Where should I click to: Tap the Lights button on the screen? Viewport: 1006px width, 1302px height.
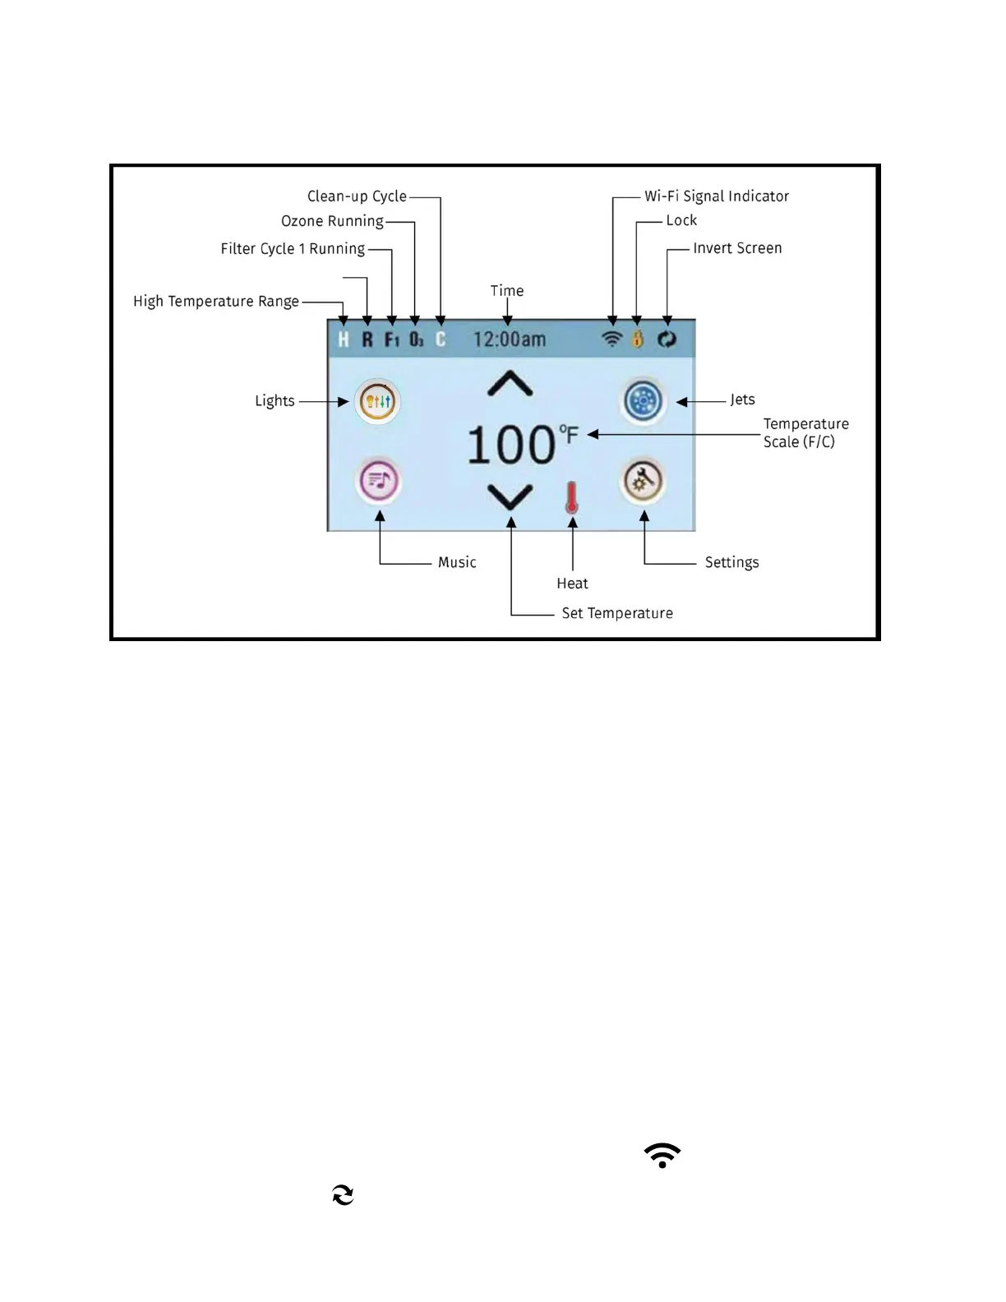click(x=377, y=401)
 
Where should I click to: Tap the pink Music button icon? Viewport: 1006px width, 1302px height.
click(x=377, y=481)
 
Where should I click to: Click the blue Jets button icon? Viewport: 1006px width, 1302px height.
click(x=643, y=401)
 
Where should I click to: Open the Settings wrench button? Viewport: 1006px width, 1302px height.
click(x=643, y=481)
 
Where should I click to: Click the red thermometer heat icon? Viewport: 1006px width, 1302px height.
click(x=572, y=498)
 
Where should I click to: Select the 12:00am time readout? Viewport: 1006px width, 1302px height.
click(x=509, y=339)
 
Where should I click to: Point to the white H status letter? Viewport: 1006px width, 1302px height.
click(x=344, y=339)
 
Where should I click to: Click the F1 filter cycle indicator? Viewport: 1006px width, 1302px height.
click(x=392, y=339)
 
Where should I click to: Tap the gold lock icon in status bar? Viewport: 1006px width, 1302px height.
click(x=637, y=339)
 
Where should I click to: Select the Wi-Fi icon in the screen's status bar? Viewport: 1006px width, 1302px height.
click(x=611, y=339)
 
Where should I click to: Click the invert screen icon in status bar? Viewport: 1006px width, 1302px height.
click(x=667, y=339)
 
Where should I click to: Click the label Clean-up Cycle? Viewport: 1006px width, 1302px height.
click(x=357, y=196)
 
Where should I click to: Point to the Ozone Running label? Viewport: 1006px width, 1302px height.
click(x=332, y=221)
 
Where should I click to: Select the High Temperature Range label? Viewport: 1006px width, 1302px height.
click(x=216, y=302)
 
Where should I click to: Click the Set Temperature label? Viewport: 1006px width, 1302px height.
click(x=617, y=613)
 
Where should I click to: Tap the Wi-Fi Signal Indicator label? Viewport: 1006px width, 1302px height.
click(x=716, y=196)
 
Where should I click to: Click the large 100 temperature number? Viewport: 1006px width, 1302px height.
click(x=511, y=446)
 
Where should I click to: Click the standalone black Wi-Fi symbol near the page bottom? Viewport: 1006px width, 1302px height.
click(x=662, y=1155)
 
